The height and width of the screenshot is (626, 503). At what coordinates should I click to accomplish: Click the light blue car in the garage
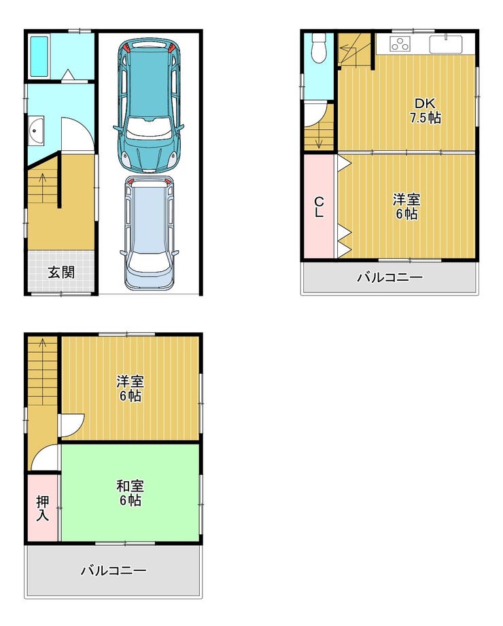[149, 233]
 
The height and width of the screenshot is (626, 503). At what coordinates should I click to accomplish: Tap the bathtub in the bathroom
[39, 56]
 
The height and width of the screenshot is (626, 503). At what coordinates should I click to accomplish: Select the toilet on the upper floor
[319, 47]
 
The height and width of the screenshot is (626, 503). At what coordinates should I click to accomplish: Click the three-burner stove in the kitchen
[400, 44]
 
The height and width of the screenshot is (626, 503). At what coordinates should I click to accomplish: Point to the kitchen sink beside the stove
[446, 44]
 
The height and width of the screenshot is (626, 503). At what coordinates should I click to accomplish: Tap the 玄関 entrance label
[61, 273]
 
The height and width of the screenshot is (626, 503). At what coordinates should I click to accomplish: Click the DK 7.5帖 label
[425, 111]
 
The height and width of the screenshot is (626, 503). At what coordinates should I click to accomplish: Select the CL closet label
[319, 207]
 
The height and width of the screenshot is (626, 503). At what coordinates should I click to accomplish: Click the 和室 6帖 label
[130, 493]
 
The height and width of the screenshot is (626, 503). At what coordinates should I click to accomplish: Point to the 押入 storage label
[43, 508]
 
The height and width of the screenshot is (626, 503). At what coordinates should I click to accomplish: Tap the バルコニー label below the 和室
[114, 570]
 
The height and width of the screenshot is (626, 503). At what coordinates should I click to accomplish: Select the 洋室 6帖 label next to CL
[406, 207]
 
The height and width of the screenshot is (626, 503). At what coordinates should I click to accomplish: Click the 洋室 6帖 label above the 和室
[130, 389]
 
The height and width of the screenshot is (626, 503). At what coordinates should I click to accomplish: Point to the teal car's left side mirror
[116, 128]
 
